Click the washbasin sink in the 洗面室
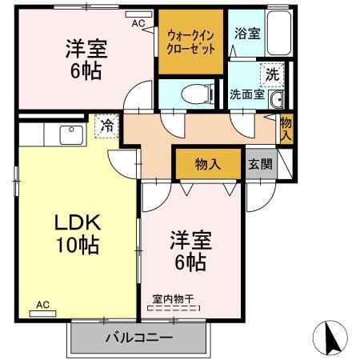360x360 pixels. [276, 99]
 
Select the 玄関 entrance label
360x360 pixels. [260, 165]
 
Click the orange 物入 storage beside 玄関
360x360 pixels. [208, 165]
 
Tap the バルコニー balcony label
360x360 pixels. [138, 338]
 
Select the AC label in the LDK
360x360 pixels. [42, 305]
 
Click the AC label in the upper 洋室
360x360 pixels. [138, 23]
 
